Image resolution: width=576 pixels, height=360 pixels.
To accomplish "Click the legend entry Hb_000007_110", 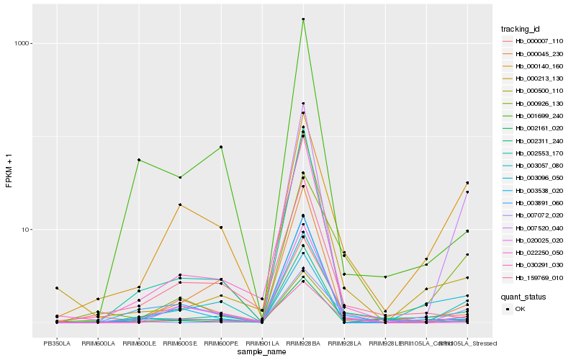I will pyautogui.click(x=534, y=41).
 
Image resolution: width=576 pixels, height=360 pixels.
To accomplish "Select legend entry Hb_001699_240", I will pyautogui.click(x=534, y=116).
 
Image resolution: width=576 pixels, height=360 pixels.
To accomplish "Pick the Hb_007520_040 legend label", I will pyautogui.click(x=534, y=228).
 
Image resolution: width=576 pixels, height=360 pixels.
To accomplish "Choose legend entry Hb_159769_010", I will pyautogui.click(x=534, y=278).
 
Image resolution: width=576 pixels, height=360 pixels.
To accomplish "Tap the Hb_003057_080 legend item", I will pyautogui.click(x=534, y=166).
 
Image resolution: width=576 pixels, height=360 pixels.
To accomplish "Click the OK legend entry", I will pyautogui.click(x=520, y=309).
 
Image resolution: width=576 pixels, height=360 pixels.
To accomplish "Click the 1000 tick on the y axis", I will pyautogui.click(x=21, y=43).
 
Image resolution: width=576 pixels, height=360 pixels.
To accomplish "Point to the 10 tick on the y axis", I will pyautogui.click(x=24, y=230).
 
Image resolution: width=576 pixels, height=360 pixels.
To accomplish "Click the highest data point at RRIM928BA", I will pyautogui.click(x=303, y=19).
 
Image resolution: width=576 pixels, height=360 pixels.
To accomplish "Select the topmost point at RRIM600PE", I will pyautogui.click(x=221, y=147).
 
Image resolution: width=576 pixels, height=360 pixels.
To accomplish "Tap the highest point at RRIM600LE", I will pyautogui.click(x=139, y=160).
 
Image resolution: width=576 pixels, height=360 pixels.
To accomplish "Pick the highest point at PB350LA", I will pyautogui.click(x=57, y=288).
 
